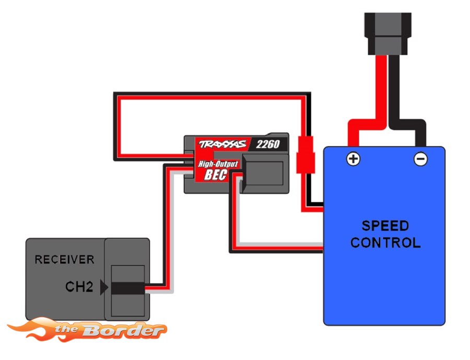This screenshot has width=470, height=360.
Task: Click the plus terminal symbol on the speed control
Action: coord(354,159)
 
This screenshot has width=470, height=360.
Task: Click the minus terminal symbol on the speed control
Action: coord(420,159)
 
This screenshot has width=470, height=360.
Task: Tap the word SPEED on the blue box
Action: coord(385,226)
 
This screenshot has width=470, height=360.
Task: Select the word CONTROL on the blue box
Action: coord(385,242)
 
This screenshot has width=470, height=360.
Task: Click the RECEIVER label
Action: coord(64,259)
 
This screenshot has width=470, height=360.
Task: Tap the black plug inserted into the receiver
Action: coord(127,287)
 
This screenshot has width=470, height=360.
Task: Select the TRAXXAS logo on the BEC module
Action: coord(221,145)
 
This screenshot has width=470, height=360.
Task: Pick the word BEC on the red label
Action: coord(215,175)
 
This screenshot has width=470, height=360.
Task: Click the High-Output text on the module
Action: coord(218,164)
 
